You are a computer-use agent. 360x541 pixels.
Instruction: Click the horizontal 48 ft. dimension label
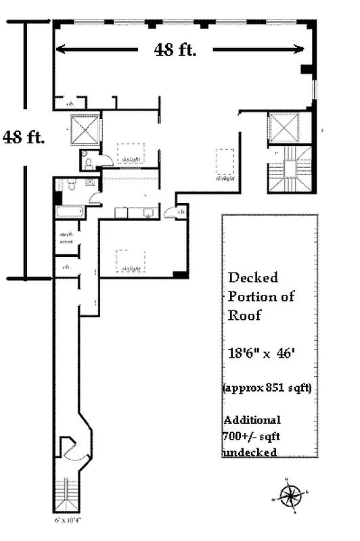click(x=175, y=50)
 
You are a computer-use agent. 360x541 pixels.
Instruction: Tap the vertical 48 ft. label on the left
click(x=24, y=137)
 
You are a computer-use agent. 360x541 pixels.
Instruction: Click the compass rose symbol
click(x=291, y=496)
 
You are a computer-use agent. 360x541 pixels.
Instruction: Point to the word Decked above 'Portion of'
click(x=252, y=277)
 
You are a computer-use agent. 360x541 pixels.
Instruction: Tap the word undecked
click(x=250, y=452)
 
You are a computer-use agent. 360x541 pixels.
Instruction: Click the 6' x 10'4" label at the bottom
click(x=68, y=521)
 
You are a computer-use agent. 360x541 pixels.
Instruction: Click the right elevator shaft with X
click(x=283, y=127)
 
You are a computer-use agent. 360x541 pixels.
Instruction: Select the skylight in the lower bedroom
click(x=131, y=260)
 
